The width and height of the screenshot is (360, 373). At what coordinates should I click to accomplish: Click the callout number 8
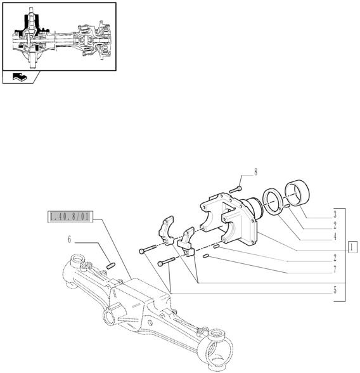(x=256, y=172)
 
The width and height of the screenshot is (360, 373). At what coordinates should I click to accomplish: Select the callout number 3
(x=334, y=214)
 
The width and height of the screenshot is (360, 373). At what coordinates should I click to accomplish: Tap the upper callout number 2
(x=334, y=225)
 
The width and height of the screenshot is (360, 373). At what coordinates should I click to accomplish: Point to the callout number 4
(x=334, y=237)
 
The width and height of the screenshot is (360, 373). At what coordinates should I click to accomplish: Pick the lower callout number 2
(x=334, y=258)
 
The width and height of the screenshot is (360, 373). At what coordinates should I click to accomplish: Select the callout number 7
(x=334, y=270)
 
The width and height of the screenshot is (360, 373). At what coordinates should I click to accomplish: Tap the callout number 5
(x=334, y=290)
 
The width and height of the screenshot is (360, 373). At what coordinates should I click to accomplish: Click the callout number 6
(x=69, y=240)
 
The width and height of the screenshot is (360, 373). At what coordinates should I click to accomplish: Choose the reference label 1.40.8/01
(x=70, y=217)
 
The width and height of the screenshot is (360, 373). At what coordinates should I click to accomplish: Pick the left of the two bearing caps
(x=165, y=230)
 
